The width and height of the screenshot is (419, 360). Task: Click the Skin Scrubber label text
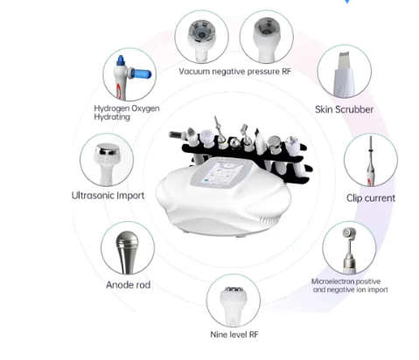tap(344, 109)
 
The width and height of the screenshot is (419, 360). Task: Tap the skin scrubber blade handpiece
tap(344, 74)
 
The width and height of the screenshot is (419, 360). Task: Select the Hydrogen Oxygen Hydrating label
tap(127, 113)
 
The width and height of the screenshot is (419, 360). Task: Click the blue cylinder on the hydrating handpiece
tap(141, 73)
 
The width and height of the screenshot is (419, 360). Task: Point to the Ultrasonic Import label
tap(108, 196)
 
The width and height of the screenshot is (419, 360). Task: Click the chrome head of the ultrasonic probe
tap(108, 149)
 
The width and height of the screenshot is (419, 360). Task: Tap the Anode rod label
tap(129, 285)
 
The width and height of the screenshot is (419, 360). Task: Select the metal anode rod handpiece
tap(127, 252)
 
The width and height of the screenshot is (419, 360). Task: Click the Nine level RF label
tap(234, 335)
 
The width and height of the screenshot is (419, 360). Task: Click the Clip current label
tap(371, 198)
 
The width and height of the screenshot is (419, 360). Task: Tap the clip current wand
tap(371, 161)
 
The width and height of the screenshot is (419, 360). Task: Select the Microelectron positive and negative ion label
tap(350, 286)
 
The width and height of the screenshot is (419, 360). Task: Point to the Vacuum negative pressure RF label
tap(235, 72)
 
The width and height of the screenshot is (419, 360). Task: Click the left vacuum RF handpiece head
tap(201, 31)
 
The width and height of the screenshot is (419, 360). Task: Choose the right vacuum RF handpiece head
tap(267, 29)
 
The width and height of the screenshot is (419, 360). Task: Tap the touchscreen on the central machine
tap(223, 173)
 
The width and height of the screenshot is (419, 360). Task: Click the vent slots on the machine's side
tap(268, 220)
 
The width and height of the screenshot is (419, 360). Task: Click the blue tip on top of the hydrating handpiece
tap(121, 60)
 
